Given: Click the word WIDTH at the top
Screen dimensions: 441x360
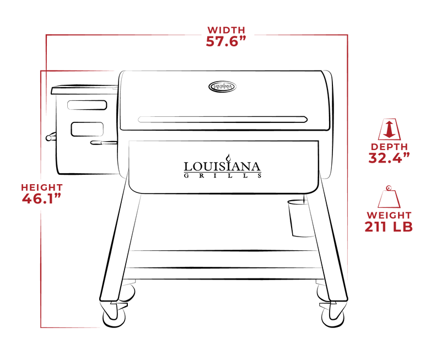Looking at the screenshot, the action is tap(226, 30).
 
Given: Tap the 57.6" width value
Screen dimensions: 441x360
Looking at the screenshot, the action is tap(226, 41).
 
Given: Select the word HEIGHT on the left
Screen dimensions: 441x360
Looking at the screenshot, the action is tap(42, 187).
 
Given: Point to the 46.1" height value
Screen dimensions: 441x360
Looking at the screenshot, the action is tap(42, 199).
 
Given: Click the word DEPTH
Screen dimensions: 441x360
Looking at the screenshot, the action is tap(389, 147).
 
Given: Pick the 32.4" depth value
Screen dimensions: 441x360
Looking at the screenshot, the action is tap(389, 158).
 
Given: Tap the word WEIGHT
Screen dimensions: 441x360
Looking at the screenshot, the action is tap(389, 215).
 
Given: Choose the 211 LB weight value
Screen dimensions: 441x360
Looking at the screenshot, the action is tap(389, 227).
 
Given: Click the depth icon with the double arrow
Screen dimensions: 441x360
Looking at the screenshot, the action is tap(389, 130).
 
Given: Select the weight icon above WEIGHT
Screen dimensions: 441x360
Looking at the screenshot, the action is tap(389, 197).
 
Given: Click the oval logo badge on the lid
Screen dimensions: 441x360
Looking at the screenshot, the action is tap(223, 87).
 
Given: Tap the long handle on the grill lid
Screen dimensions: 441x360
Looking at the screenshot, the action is tap(223, 120).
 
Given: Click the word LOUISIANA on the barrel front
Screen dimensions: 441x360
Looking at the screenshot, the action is tap(222, 167).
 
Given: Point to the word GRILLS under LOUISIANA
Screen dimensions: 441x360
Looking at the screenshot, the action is tap(223, 176).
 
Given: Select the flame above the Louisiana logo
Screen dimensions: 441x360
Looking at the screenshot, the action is tap(229, 157).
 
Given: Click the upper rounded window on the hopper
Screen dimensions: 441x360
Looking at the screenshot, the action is tap(87, 105).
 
